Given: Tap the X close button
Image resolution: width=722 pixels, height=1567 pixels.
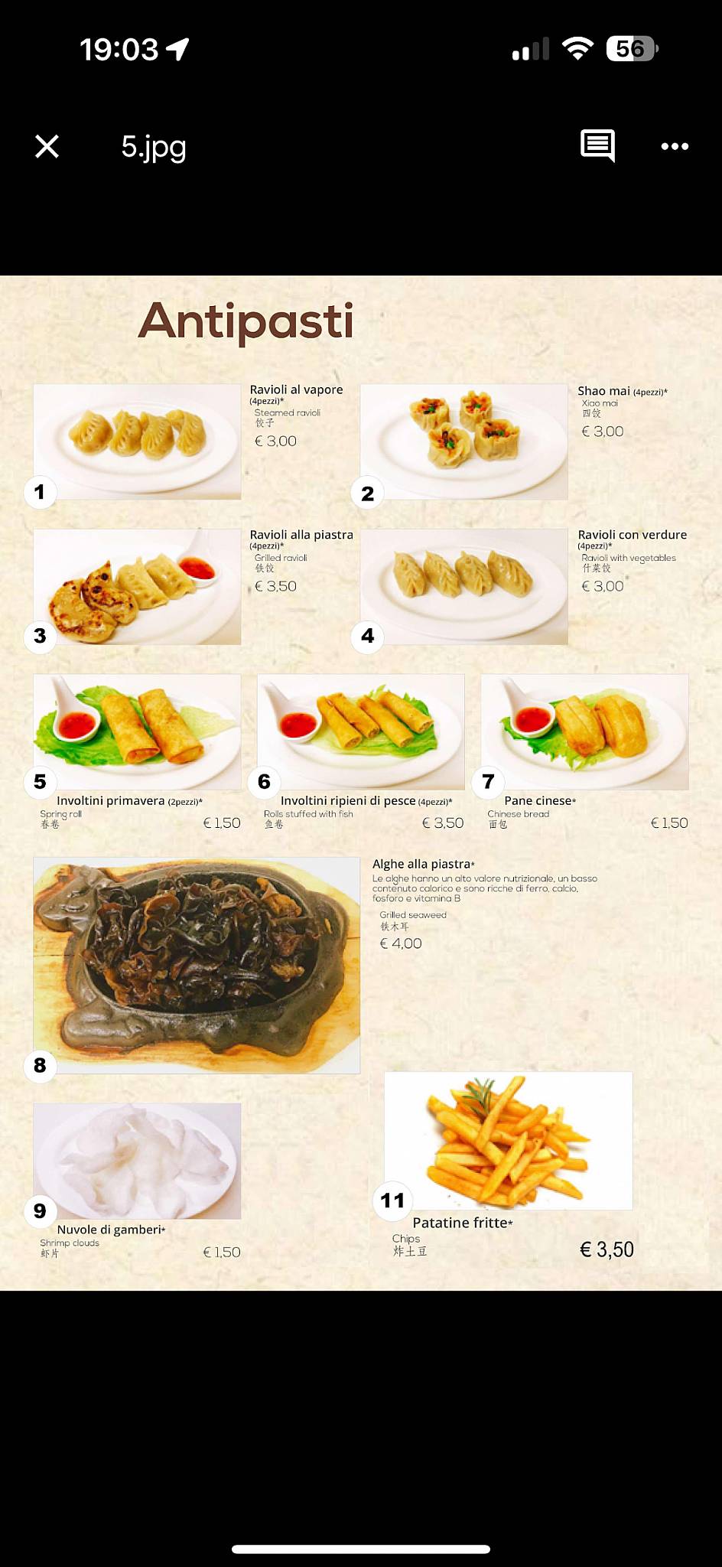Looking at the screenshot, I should point(47,146).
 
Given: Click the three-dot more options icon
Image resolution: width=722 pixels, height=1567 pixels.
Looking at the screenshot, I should point(675,146).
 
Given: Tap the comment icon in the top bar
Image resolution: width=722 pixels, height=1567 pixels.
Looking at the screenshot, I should point(597,145).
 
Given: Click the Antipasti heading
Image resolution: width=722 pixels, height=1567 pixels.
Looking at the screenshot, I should point(246,321).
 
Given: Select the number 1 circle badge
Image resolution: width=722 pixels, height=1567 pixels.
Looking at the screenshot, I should point(40,491).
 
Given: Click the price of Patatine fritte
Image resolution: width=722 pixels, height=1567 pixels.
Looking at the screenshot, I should point(607,1249).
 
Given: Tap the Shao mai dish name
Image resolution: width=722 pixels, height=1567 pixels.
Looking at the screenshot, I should point(603,391).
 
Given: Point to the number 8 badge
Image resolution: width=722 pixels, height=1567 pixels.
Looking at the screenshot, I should point(40,1065).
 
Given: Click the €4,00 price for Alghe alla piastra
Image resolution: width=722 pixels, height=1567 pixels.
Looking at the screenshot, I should point(401,943).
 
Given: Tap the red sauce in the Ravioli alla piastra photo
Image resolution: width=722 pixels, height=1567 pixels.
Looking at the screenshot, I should point(197,568).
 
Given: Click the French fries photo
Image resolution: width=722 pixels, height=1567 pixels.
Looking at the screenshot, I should point(508,1140).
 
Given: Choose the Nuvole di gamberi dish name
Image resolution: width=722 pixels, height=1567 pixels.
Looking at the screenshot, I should point(110,1230).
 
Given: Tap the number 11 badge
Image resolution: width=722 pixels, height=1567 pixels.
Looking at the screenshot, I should point(392,1200).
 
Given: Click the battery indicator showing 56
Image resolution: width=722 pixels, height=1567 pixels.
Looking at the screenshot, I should point(631,49).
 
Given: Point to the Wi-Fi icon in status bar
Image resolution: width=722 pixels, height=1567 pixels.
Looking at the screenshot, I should point(577,49).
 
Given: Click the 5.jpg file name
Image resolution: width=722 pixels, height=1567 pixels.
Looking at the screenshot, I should point(154,146).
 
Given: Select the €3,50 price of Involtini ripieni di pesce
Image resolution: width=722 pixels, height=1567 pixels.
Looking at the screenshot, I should point(443,823).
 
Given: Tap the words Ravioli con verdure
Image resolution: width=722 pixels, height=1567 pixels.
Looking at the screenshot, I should point(632,535).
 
